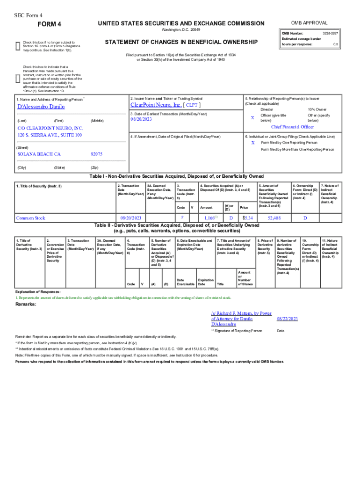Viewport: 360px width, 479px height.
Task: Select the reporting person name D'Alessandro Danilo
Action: point(41,107)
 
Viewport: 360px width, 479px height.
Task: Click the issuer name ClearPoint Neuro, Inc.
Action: point(156,105)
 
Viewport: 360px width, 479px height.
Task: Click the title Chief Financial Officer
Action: point(292,127)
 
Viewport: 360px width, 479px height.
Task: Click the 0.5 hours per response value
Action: point(335,44)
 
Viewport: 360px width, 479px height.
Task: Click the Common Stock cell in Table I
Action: point(30,218)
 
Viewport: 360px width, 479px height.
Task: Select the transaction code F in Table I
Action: point(182,218)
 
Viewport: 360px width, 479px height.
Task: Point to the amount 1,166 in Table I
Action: point(208,218)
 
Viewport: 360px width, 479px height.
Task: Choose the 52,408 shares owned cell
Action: point(274,218)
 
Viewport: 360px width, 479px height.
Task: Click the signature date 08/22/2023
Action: point(287,319)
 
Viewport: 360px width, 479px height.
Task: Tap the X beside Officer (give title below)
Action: point(252,118)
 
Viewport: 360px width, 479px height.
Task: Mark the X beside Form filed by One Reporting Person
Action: point(252,142)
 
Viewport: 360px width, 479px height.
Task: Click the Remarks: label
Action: point(26,305)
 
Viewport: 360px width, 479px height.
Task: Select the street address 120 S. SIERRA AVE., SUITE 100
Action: point(50,135)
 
